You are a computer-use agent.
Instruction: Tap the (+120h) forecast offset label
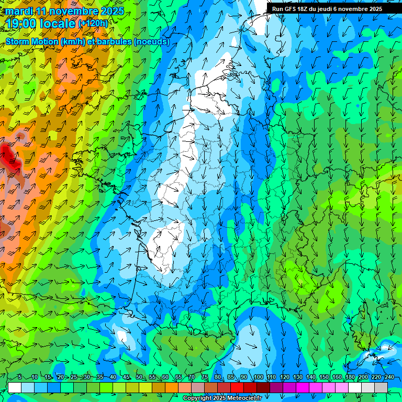tap(93, 23)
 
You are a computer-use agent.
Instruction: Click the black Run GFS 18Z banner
tap(327, 9)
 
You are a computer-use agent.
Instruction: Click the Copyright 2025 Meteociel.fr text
tap(222, 398)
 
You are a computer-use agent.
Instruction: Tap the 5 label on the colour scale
tap(19, 377)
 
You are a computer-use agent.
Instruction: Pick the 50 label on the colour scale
tap(139, 377)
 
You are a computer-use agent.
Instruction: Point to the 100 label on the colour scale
tap(258, 377)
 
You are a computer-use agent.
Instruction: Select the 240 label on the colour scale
tap(389, 377)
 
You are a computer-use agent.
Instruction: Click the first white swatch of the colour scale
tap(15, 387)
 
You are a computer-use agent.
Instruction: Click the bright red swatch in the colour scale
tap(237, 387)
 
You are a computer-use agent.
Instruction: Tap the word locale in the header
tap(57, 23)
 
